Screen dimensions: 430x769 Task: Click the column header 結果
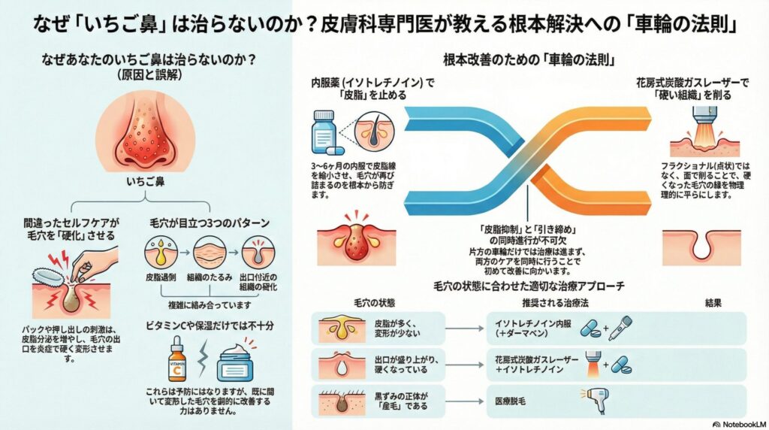(x=713, y=302)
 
